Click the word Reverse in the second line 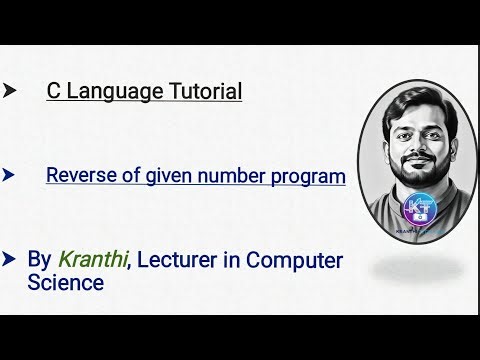80,176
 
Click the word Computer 294,260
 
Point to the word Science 66,283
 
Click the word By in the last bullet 39,260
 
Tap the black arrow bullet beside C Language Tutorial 10,91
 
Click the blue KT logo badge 419,209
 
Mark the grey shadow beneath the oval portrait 419,268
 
